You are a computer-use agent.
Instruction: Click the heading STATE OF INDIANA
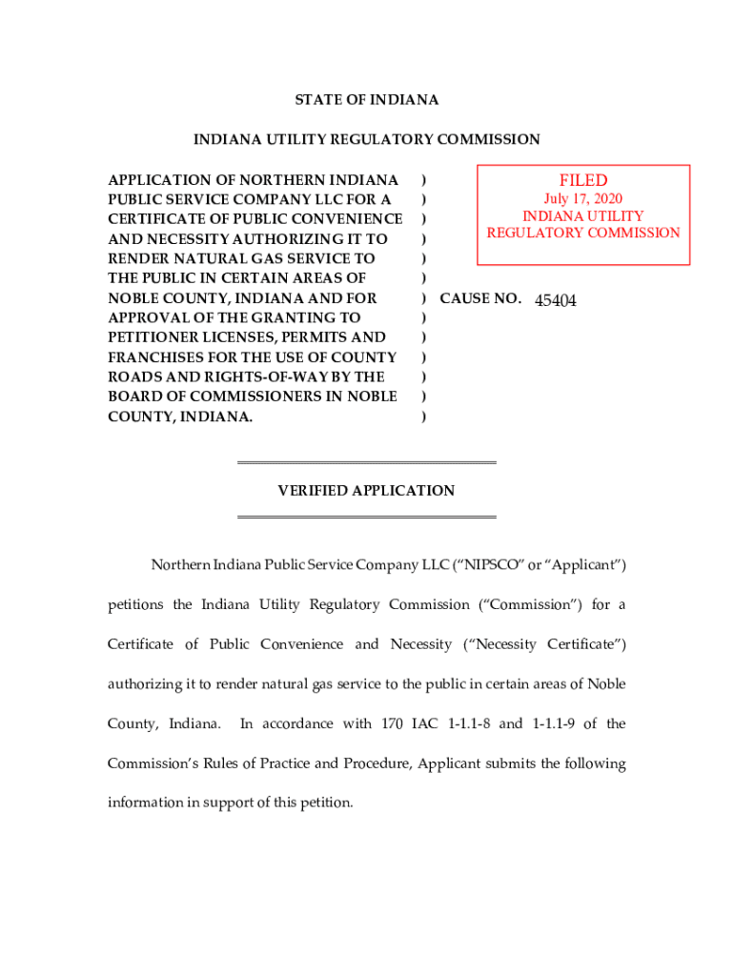tap(367, 100)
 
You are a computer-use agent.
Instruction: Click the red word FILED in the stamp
tap(583, 181)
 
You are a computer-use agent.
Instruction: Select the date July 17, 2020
tap(583, 199)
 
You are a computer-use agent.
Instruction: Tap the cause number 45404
tap(555, 300)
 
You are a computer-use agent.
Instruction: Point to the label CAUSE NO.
tap(479, 298)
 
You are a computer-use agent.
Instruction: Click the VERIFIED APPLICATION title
tap(367, 491)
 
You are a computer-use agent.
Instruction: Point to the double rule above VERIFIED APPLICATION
tap(367, 463)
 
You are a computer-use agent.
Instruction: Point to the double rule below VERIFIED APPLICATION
tap(367, 518)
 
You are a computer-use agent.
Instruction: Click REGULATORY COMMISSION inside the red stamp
tap(583, 233)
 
